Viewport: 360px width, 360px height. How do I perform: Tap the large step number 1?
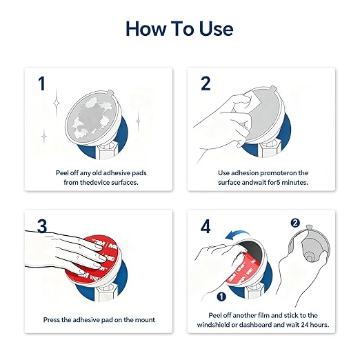(x=41, y=83)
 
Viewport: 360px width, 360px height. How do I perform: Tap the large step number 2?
(x=206, y=83)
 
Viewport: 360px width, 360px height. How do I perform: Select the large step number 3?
(x=42, y=226)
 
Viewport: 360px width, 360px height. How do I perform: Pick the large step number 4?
(x=206, y=226)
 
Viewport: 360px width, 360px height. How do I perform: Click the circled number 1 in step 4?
(x=221, y=297)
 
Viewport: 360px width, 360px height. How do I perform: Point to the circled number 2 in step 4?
(x=295, y=223)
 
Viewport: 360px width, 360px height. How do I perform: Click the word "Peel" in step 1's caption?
(x=62, y=173)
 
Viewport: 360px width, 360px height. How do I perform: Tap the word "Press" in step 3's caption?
(x=52, y=320)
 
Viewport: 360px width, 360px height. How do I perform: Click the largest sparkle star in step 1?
(x=57, y=103)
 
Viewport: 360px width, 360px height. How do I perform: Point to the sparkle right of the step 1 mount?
(x=138, y=121)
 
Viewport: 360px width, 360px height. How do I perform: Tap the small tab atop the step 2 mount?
(x=273, y=89)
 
